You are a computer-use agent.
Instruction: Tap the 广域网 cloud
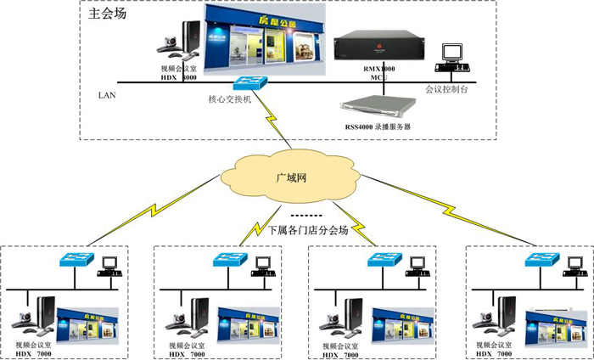tap(289, 179)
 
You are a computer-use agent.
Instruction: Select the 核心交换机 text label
tap(229, 99)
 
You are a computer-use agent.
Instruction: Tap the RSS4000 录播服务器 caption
tap(374, 127)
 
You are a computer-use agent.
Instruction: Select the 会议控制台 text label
tap(447, 87)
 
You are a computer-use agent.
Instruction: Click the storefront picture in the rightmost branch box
tap(555, 324)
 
